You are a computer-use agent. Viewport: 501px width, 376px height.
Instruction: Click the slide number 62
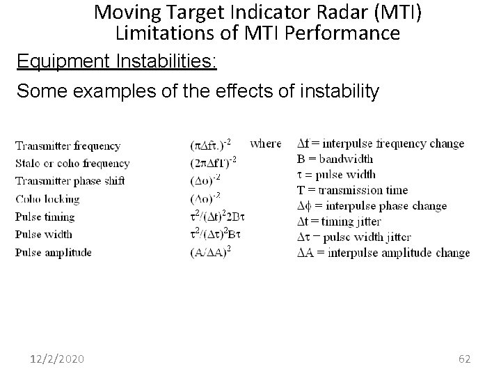(x=465, y=359)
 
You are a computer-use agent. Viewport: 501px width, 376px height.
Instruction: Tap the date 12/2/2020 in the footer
(x=58, y=359)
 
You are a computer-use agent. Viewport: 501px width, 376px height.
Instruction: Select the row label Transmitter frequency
(x=67, y=146)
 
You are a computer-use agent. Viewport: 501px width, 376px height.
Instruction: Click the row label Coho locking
(x=47, y=199)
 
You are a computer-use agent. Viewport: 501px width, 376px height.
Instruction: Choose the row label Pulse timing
(x=45, y=217)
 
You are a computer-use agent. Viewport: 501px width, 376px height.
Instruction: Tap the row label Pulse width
(x=43, y=235)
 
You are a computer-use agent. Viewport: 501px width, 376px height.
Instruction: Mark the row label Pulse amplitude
(x=53, y=252)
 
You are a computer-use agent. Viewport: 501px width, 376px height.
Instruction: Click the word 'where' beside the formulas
(x=265, y=143)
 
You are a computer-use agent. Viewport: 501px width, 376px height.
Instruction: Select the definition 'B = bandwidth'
(x=336, y=159)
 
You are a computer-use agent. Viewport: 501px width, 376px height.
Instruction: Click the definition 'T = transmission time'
(x=352, y=190)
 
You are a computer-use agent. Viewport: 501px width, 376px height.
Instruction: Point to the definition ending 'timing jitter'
(x=339, y=221)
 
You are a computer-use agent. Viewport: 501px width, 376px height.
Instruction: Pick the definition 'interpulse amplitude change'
(x=383, y=253)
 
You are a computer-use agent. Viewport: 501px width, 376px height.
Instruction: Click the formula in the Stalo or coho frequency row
(x=214, y=163)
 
